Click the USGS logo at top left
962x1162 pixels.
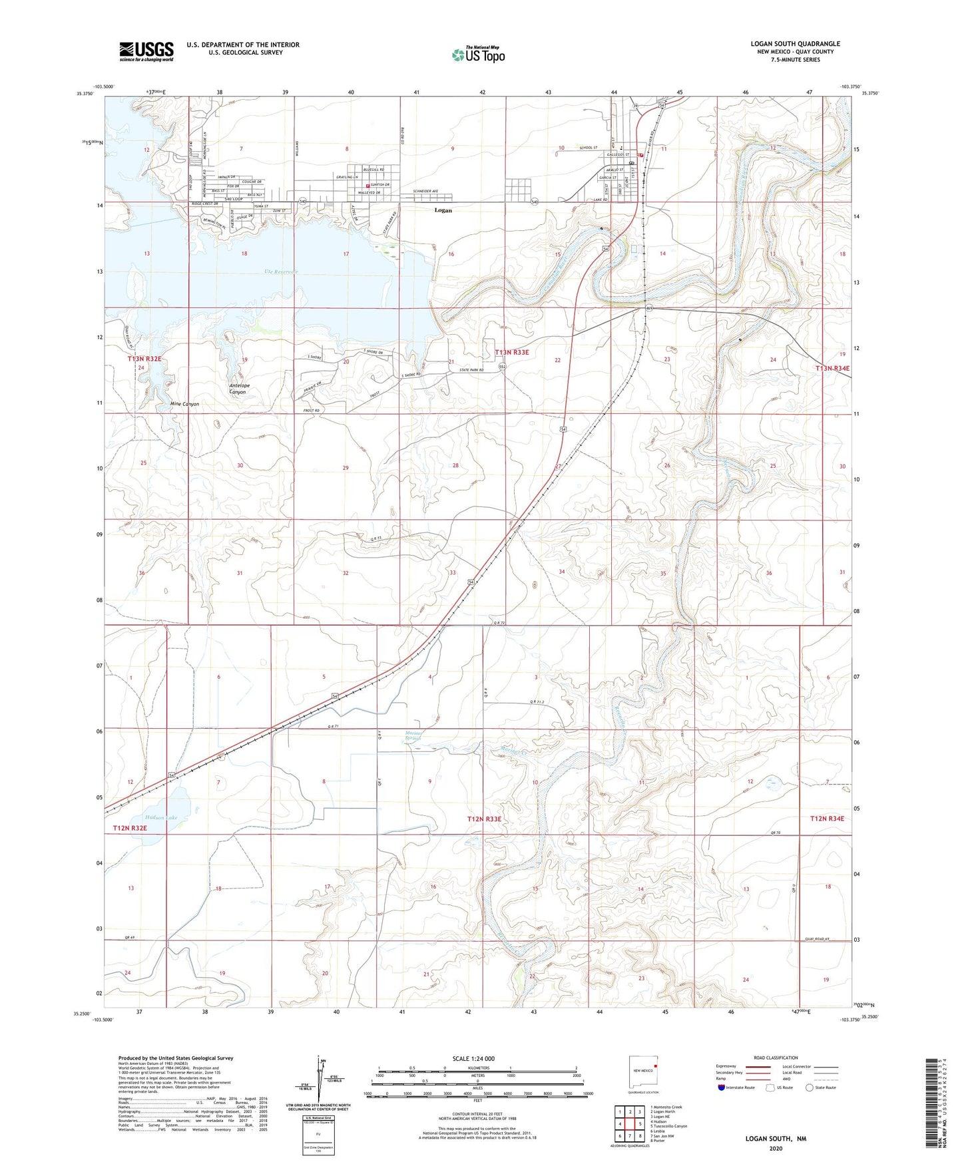(x=146, y=51)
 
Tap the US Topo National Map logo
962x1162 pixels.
(x=477, y=54)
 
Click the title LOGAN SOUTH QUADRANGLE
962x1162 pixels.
(x=795, y=44)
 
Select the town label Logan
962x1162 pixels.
(x=443, y=210)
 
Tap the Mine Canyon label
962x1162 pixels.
(x=184, y=404)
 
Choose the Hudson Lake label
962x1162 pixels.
(x=160, y=817)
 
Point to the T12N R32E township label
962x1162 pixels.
(x=130, y=828)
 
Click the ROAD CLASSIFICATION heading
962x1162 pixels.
(x=776, y=1058)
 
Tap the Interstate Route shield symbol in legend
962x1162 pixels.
(x=722, y=1087)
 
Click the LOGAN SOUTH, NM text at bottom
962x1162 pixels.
(x=776, y=1139)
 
